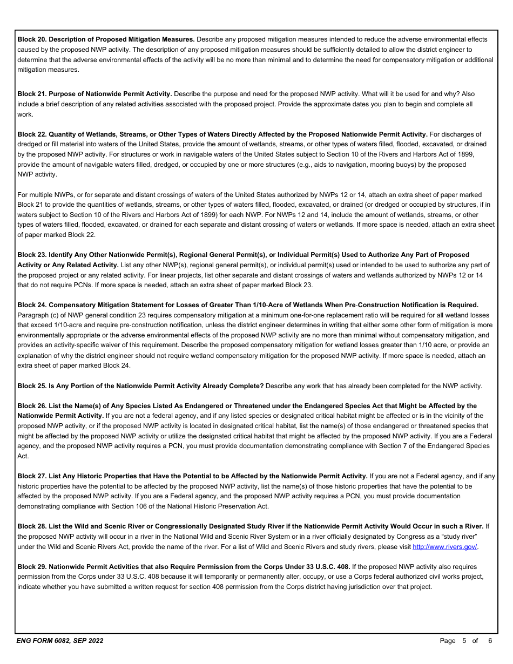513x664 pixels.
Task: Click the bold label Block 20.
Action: (x=32, y=39)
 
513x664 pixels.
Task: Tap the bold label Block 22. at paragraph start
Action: (x=32, y=134)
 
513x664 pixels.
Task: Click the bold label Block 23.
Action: (x=32, y=255)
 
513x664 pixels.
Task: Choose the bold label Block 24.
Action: (x=32, y=306)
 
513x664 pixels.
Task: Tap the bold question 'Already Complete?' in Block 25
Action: (x=235, y=386)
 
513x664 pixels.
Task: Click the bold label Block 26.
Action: (x=32, y=406)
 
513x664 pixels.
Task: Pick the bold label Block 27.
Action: (x=32, y=476)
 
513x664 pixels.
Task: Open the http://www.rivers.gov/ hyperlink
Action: (x=444, y=547)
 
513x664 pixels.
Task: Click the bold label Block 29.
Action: (x=32, y=567)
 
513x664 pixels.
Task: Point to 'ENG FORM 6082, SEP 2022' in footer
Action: (x=60, y=641)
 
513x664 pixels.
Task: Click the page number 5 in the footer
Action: (x=464, y=641)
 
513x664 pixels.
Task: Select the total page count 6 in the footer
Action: (x=490, y=641)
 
